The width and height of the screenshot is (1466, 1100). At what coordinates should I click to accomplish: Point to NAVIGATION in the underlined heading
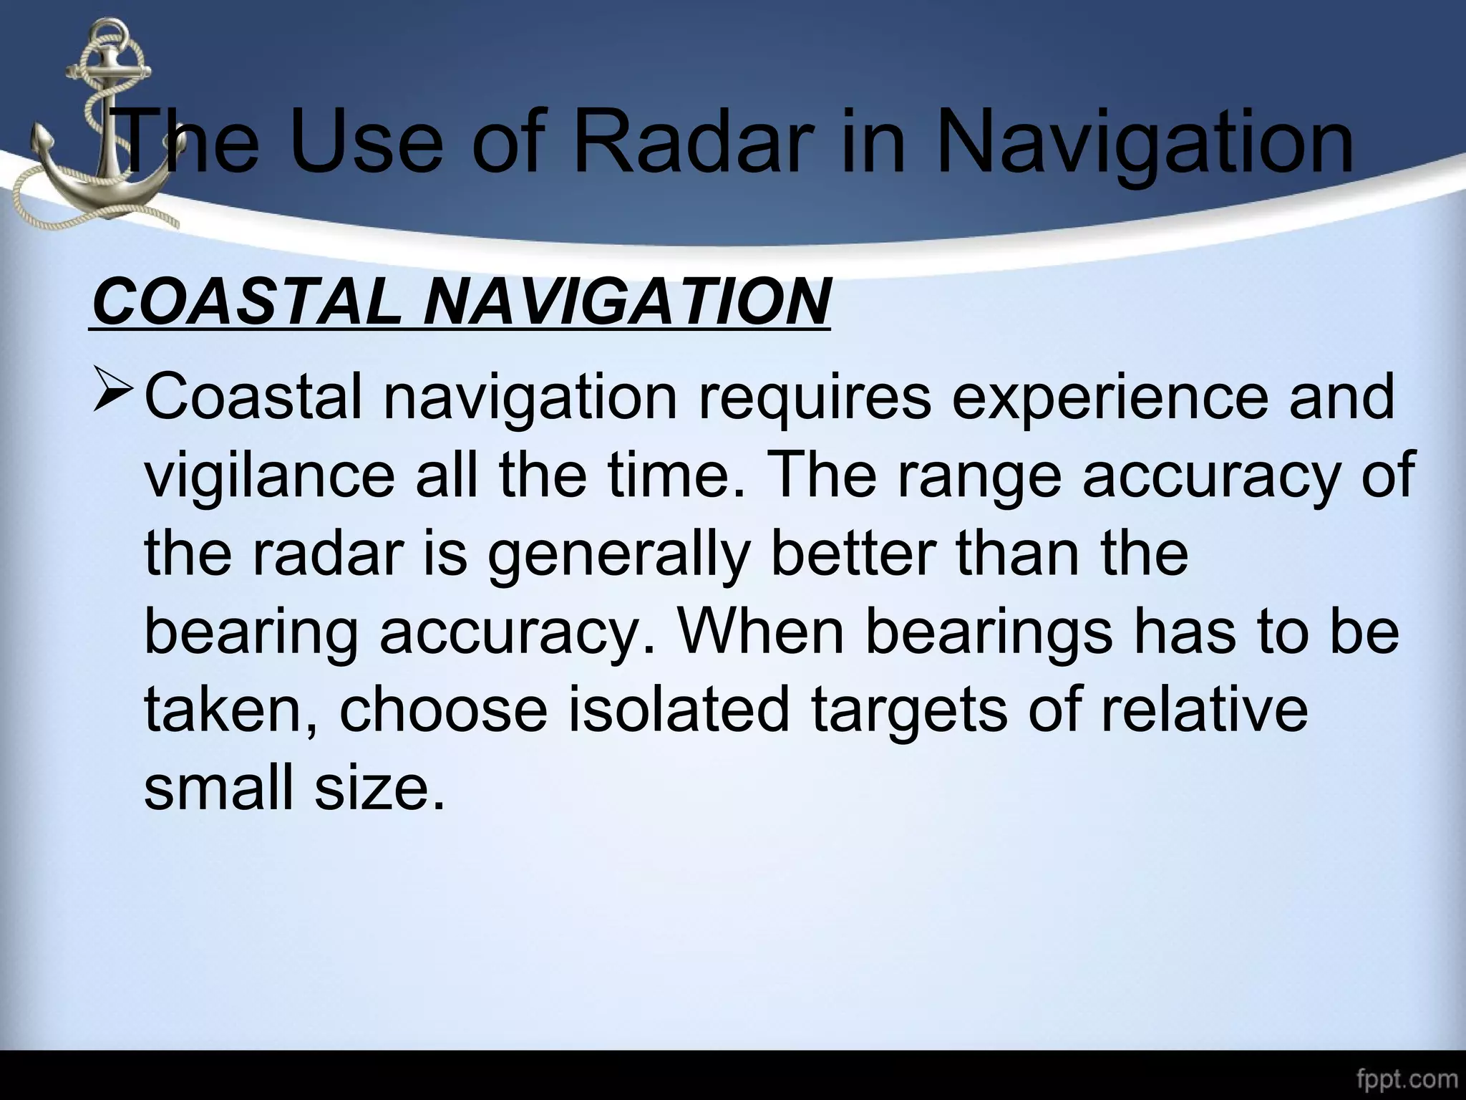[x=627, y=301]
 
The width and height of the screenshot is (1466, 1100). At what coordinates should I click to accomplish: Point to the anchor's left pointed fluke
[x=39, y=140]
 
